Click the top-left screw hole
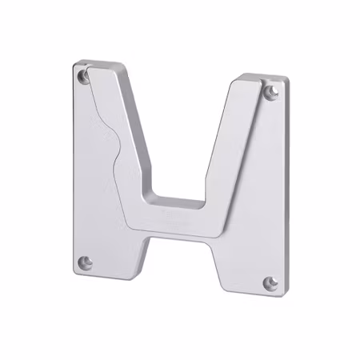tap(84, 76)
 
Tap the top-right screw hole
tap(273, 92)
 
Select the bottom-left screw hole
tap(86, 262)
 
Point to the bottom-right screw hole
tap(270, 283)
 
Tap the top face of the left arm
tap(102, 63)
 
